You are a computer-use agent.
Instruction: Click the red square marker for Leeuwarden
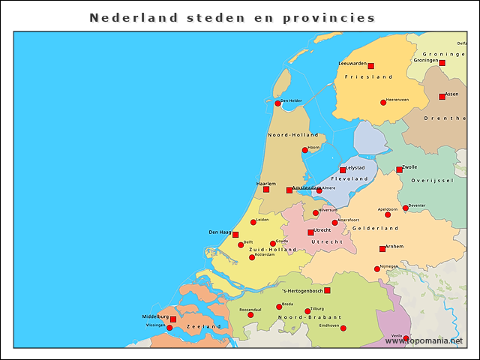click(370, 66)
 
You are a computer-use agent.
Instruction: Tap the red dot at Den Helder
click(277, 103)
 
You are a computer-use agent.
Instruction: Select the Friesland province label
click(368, 76)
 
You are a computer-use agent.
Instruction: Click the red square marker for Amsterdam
click(289, 190)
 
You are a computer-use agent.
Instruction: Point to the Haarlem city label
click(266, 183)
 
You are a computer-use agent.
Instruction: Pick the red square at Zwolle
click(399, 169)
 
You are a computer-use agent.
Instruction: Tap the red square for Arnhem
click(382, 249)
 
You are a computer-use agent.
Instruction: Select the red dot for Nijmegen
click(377, 269)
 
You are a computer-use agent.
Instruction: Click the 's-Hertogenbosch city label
click(302, 291)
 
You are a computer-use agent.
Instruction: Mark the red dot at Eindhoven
click(343, 328)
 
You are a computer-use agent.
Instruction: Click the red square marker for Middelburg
click(173, 319)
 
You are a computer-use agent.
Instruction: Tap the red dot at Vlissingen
click(169, 328)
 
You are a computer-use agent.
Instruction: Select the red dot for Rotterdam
click(252, 257)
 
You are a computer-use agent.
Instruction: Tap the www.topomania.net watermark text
click(424, 340)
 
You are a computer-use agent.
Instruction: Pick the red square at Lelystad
click(343, 170)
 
